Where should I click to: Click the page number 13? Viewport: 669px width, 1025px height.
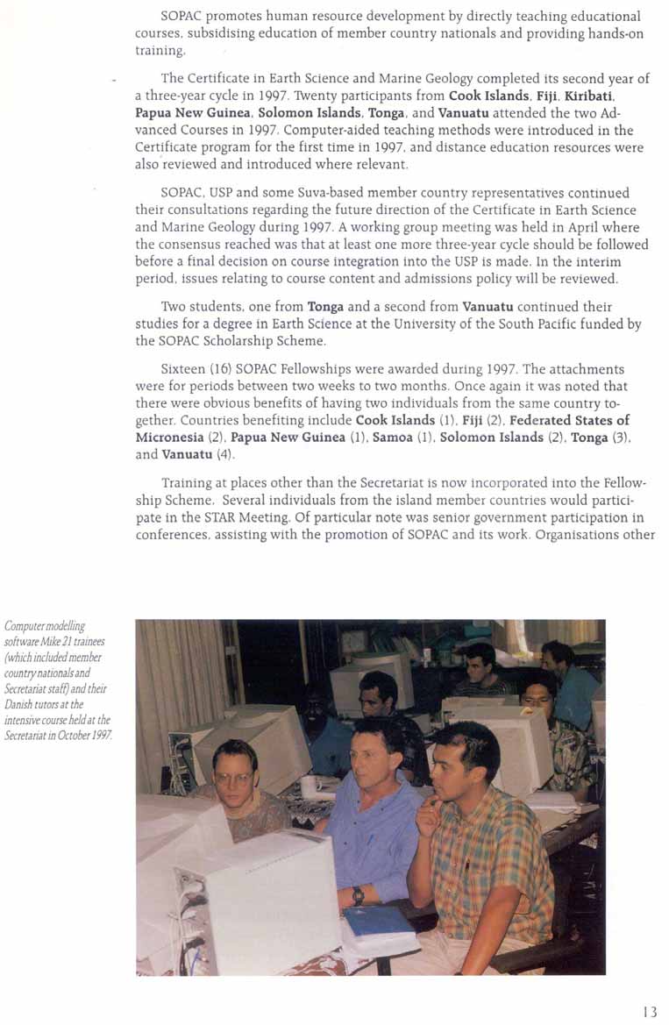649,1011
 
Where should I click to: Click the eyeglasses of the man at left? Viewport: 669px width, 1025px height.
233,777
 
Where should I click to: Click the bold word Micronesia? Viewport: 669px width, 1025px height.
174,437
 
